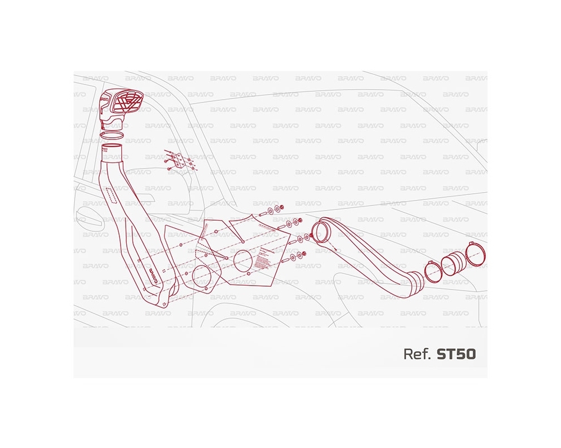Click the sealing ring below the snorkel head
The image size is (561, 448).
point(113,134)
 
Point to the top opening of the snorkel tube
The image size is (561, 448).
point(112,149)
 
